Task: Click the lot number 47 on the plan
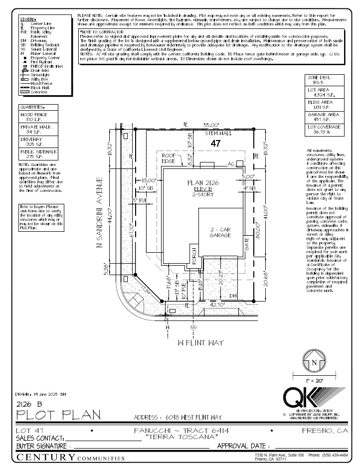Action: pyautogui.click(x=215, y=144)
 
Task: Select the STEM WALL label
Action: pyautogui.click(x=219, y=134)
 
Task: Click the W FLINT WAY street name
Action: pyautogui.click(x=201, y=343)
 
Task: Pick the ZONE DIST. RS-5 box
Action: pyautogui.click(x=324, y=80)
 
